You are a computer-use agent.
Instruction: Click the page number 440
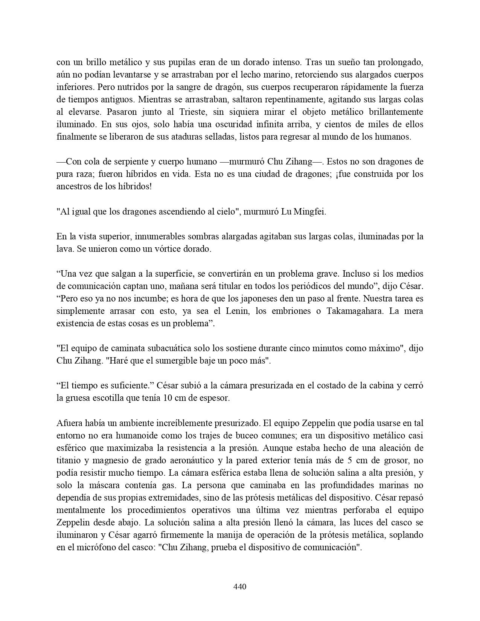pos(240,586)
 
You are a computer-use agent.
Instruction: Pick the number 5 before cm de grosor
pos(347,460)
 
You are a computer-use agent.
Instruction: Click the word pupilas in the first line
pos(167,62)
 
